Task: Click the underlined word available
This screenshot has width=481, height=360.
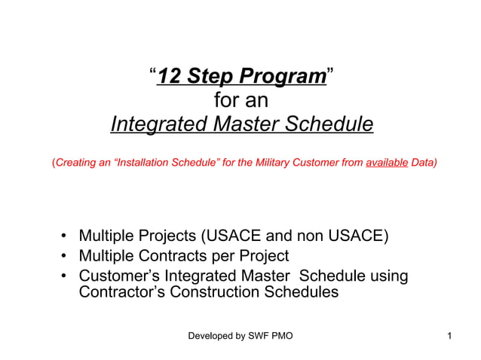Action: [386, 162]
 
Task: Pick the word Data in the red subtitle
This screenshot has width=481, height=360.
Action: [422, 162]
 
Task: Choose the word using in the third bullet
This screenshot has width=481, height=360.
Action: [386, 276]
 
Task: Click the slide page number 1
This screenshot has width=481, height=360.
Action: [449, 335]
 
